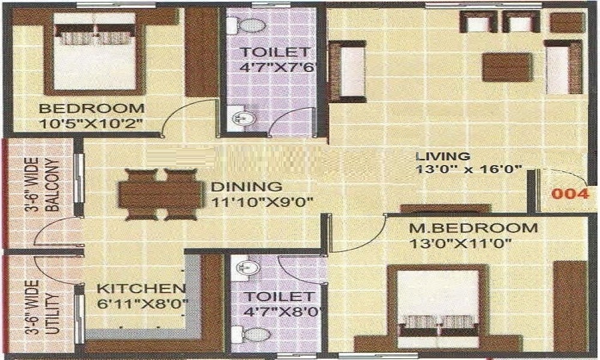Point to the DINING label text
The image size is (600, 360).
click(247, 187)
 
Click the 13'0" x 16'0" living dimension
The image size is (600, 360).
click(469, 169)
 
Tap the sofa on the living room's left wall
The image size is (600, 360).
click(347, 70)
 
